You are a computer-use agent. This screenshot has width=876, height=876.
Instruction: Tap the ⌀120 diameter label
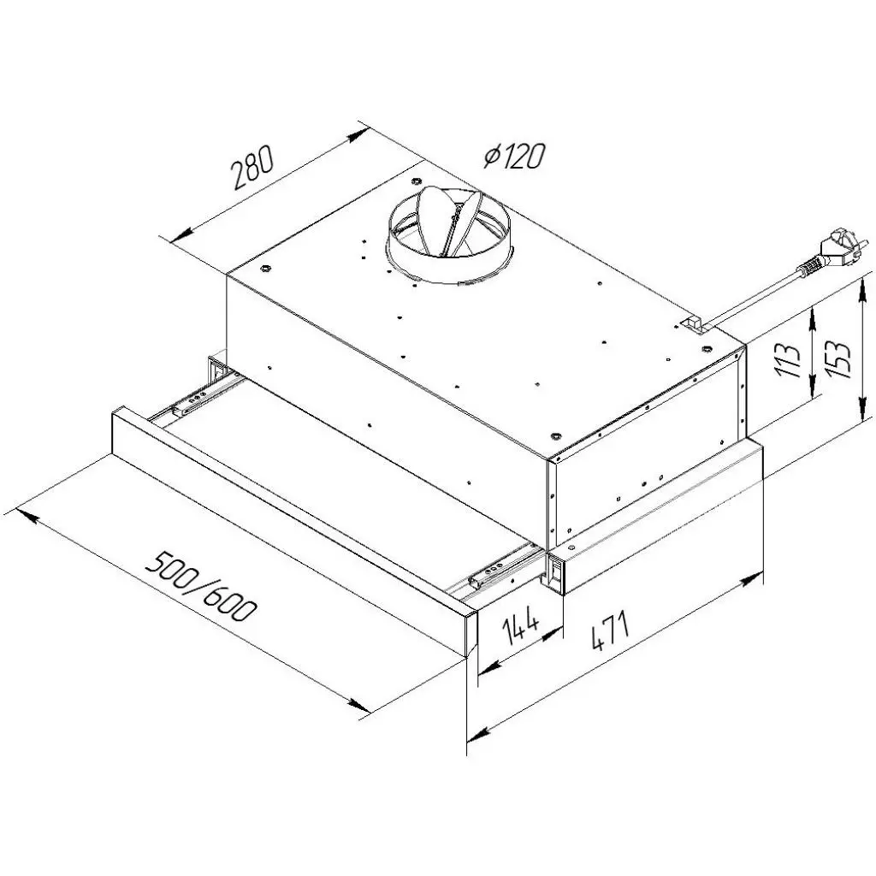click(513, 156)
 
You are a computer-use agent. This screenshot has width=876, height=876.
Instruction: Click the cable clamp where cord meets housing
click(691, 324)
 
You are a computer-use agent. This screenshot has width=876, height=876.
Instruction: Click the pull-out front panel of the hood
click(282, 530)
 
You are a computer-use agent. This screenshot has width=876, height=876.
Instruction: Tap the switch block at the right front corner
click(557, 573)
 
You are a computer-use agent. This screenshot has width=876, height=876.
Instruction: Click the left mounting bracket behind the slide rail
click(214, 369)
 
